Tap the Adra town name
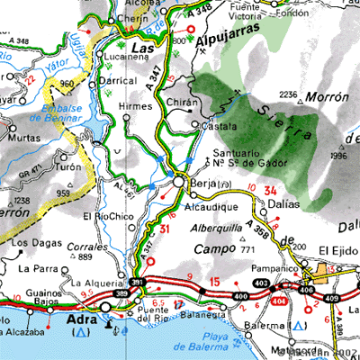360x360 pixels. tap(80, 319)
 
